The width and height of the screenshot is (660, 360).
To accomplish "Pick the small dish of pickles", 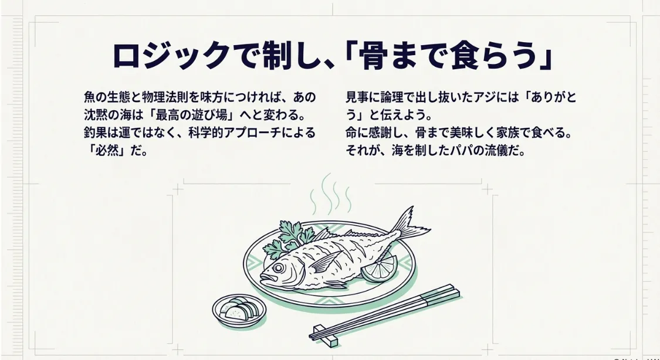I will coord(239,308).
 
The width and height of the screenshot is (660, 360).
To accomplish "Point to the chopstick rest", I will coord(326,335).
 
